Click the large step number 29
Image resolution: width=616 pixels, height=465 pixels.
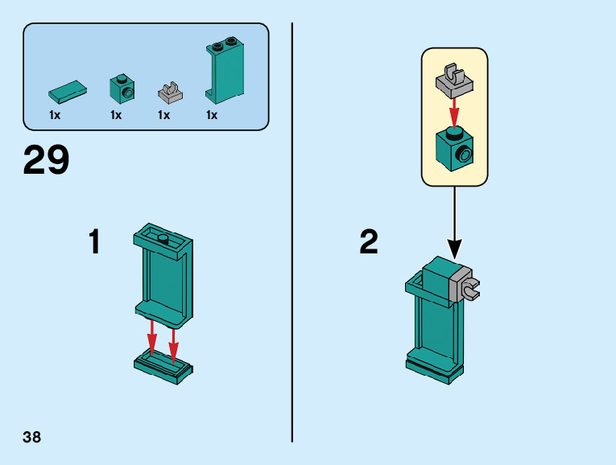46,160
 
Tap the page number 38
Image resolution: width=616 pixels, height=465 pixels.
32,438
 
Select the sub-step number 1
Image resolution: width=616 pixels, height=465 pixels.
94,242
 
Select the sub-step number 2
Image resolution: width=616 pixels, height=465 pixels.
369,242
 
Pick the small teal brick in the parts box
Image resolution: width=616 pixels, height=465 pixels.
122,88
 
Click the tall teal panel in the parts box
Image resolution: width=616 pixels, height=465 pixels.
225,71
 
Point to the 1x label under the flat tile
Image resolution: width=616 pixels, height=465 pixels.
55,115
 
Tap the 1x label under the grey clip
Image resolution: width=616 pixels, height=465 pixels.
163,115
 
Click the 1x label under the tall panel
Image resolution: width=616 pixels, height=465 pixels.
212,115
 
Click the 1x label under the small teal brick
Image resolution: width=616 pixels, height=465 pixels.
116,115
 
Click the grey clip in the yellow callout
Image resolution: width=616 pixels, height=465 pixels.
454,79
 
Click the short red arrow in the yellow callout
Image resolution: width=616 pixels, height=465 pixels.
454,111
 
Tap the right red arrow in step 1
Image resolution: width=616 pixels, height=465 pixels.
173,343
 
